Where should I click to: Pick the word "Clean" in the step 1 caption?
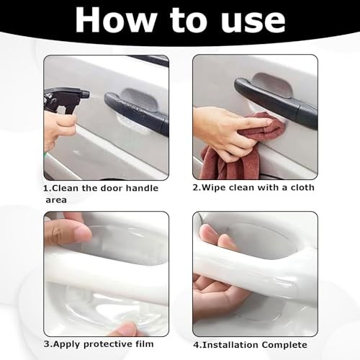pyautogui.click(x=65, y=188)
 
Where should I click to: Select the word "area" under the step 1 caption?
pyautogui.click(x=56, y=200)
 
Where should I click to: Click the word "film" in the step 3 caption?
pyautogui.click(x=146, y=344)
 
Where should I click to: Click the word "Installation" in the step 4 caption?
pyautogui.click(x=230, y=345)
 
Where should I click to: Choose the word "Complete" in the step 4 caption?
pyautogui.click(x=284, y=345)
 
